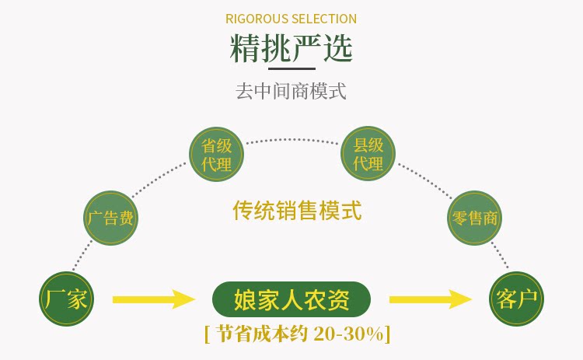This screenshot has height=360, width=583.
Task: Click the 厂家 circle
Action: point(67,299)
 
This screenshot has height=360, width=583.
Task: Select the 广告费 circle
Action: point(110,218)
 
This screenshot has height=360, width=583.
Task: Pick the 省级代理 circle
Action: point(217,154)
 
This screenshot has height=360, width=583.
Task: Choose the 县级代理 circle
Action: point(368,154)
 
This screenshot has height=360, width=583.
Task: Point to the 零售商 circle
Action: point(475,218)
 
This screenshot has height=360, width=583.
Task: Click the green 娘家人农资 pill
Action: point(291,299)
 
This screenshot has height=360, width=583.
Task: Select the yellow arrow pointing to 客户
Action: point(430,299)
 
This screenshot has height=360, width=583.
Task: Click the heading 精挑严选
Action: point(291,48)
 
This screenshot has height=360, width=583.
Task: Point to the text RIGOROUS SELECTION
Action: point(291,19)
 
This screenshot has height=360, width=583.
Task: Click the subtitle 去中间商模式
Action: point(291,91)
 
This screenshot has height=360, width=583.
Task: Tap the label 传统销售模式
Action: point(297,210)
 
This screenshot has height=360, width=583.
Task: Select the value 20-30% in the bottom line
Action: point(350,334)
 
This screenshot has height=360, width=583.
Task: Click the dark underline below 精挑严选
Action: point(291,69)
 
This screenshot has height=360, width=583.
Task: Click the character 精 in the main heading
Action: point(246,48)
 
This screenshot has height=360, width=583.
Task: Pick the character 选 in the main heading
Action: point(337,48)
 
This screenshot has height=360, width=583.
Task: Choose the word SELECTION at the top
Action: point(325,19)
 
